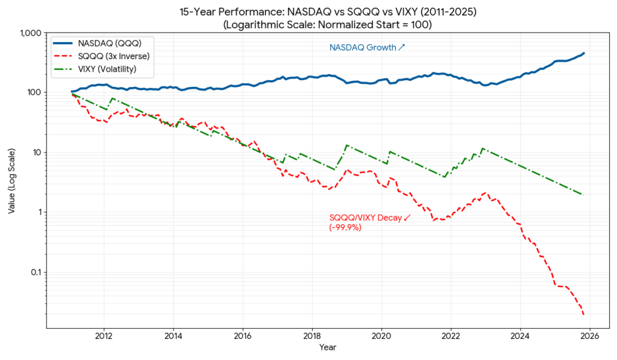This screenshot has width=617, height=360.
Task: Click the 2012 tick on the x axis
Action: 104,335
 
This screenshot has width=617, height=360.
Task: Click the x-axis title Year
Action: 328,347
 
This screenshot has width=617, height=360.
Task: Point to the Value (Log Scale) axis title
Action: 12,180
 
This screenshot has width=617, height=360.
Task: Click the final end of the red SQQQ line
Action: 583,314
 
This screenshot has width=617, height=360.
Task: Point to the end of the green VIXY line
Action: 583,195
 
